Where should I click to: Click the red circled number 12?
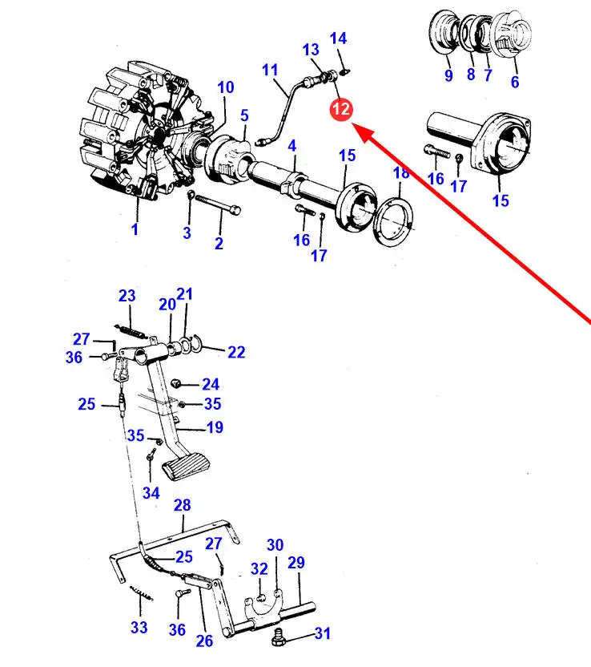pyautogui.click(x=341, y=109)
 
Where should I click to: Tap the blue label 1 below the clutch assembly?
pyautogui.click(x=135, y=229)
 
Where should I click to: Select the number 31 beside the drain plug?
pyautogui.click(x=323, y=633)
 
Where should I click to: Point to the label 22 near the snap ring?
pyautogui.click(x=236, y=352)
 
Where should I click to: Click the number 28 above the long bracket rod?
pyautogui.click(x=183, y=505)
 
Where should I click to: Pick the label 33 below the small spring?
pyautogui.click(x=139, y=627)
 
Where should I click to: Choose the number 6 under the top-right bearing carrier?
pyautogui.click(x=515, y=82)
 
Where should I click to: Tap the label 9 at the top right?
pyautogui.click(x=448, y=75)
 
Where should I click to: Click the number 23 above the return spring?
pyautogui.click(x=127, y=296)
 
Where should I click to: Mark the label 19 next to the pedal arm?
pyautogui.click(x=215, y=427)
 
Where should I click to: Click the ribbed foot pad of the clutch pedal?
pyautogui.click(x=186, y=469)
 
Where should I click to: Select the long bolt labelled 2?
pyautogui.click(x=218, y=204)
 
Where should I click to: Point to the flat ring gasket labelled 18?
pyautogui.click(x=393, y=224)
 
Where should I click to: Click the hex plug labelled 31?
pyautogui.click(x=279, y=637)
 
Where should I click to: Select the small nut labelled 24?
pyautogui.click(x=175, y=382)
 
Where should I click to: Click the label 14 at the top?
pyautogui.click(x=338, y=38)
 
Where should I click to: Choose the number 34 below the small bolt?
pyautogui.click(x=151, y=493)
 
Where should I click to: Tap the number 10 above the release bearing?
pyautogui.click(x=226, y=87)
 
